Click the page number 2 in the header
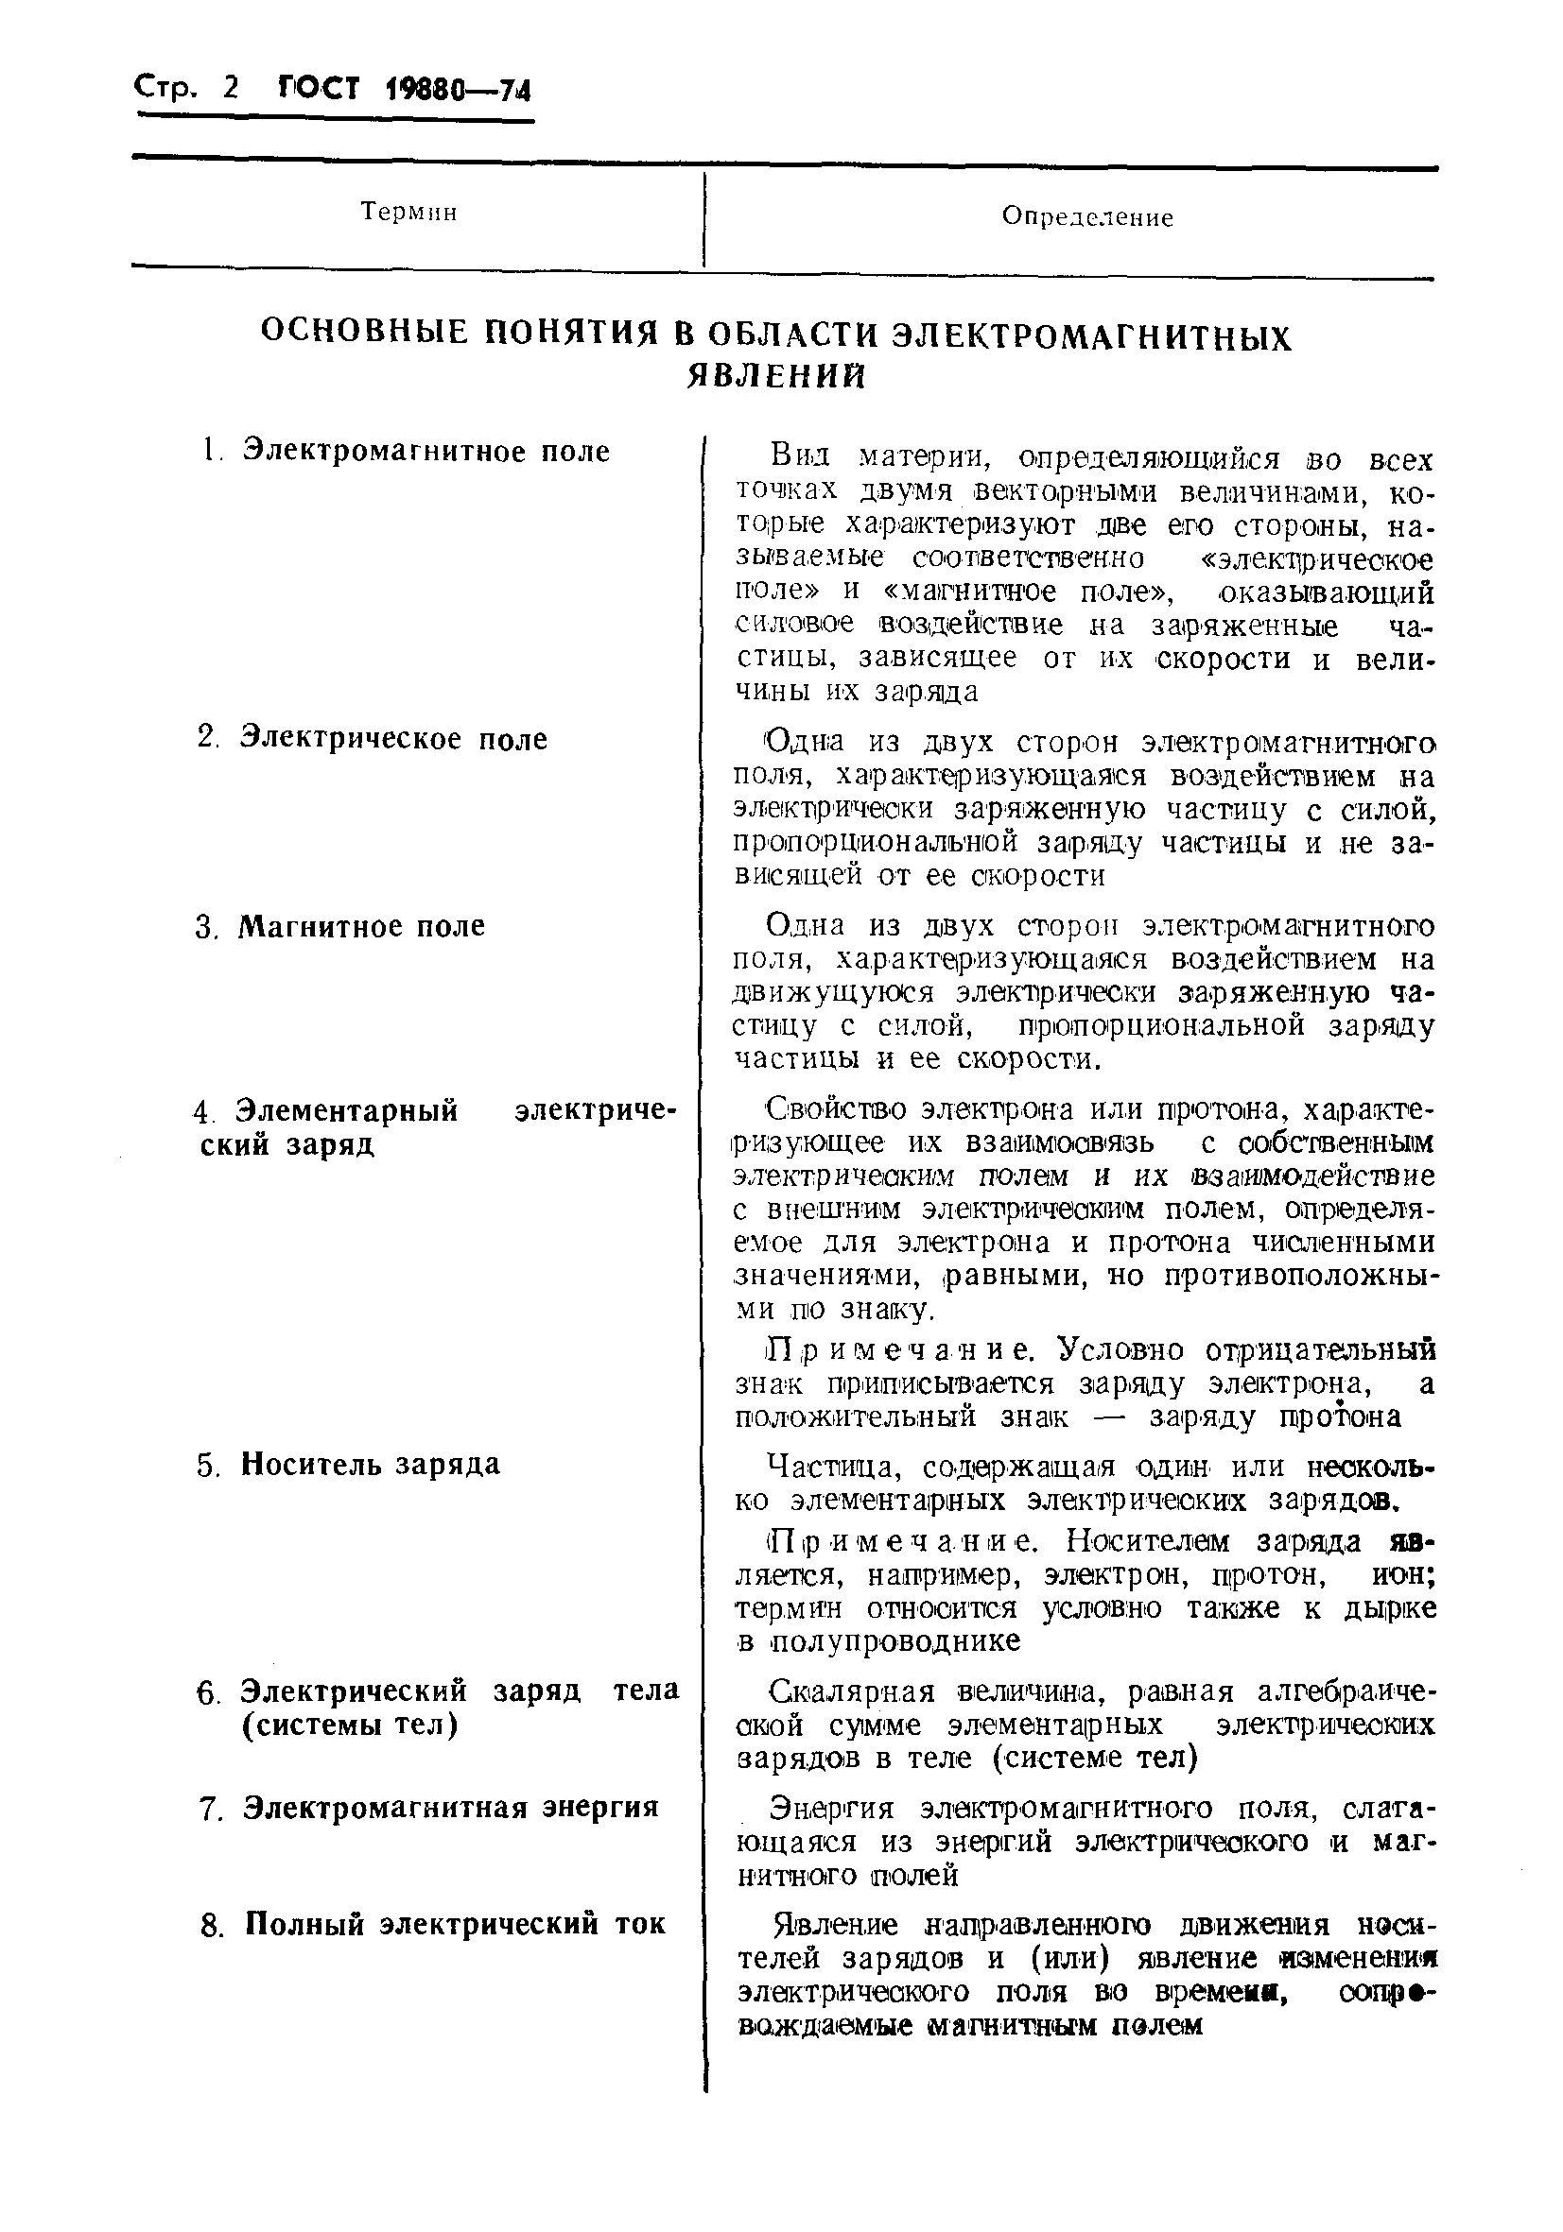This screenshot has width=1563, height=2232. pos(230,89)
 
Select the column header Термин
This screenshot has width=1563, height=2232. pos(408,212)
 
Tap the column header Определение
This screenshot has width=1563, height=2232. pos(1087,217)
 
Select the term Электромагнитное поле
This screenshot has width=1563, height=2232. pos(426,451)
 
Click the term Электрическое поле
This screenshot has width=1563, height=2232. pos(394,739)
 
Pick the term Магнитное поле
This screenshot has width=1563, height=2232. pos(362,925)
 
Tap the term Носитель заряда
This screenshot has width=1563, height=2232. pos(371,1464)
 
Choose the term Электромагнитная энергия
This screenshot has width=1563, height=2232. pos(450,1808)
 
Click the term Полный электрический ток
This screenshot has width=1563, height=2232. pos(454,1924)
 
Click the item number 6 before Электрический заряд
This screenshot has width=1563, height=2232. pos(206,1692)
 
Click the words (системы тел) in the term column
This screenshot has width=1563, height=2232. pos(348,1726)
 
